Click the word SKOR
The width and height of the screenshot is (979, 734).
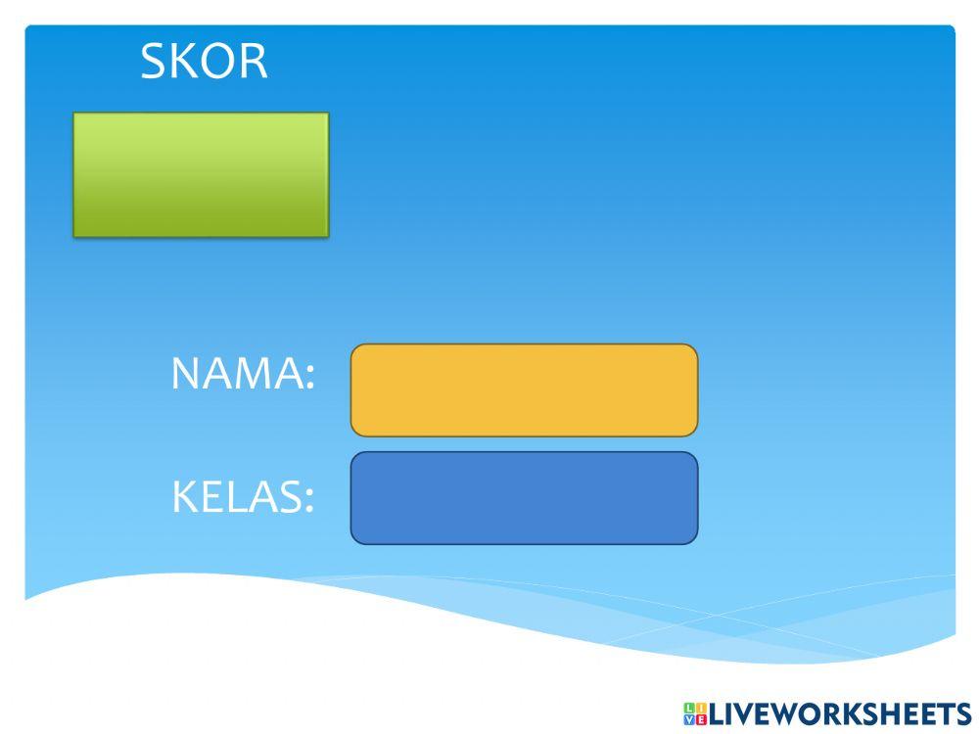[204, 62]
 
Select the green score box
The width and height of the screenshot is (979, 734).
[201, 174]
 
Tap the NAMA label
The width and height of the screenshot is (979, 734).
[242, 374]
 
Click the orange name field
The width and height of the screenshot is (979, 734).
[524, 390]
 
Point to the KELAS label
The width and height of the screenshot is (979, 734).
[242, 497]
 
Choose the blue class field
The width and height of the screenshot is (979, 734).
[524, 497]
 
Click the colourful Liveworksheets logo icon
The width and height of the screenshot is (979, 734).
[695, 713]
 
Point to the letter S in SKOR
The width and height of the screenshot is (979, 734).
[155, 62]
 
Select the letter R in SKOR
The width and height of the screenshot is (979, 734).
[252, 62]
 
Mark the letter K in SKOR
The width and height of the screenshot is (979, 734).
[184, 62]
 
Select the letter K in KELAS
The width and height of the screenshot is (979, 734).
[184, 497]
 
